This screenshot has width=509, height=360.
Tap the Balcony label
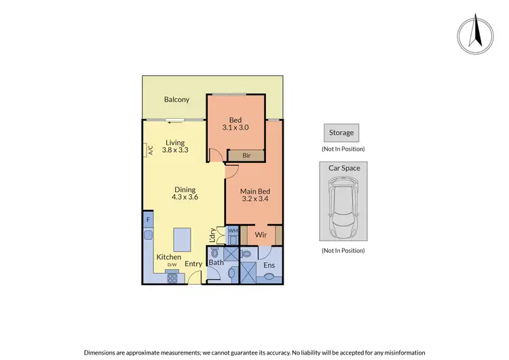click(176, 100)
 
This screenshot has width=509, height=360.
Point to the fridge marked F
click(147, 221)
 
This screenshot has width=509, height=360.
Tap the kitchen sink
click(147, 236)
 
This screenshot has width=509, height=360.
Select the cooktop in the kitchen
click(172, 276)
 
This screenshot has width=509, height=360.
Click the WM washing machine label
click(232, 231)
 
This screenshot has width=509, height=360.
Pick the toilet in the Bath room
click(214, 253)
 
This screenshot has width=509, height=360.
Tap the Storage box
click(341, 133)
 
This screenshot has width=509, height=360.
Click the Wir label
click(261, 235)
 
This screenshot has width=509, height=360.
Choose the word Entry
click(193, 264)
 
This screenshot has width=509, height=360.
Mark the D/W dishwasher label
click(172, 264)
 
